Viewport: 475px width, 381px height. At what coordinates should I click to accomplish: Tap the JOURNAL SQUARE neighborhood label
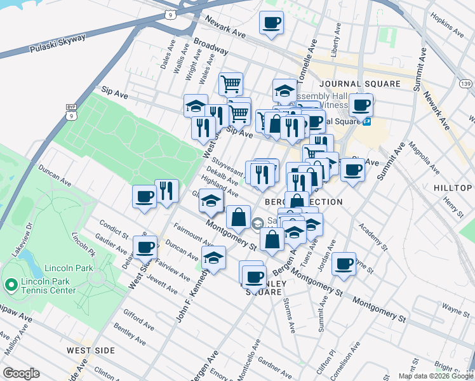pos(360,84)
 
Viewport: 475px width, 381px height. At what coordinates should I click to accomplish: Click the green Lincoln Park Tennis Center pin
pos(11,285)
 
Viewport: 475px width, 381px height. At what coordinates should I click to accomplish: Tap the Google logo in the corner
pos(21,373)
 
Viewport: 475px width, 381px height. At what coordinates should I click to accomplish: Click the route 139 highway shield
pos(465,84)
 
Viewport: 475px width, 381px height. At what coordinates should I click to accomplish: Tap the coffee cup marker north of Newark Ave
pos(271,23)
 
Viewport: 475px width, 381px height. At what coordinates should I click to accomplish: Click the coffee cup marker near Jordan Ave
pos(344,264)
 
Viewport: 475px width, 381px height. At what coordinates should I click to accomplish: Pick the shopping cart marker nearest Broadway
pos(231,83)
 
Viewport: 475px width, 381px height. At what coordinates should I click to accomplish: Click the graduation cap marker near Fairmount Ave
pos(213,257)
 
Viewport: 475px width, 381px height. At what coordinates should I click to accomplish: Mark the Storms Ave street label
pos(290,315)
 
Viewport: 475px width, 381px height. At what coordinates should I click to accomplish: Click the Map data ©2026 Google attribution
pos(435,376)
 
